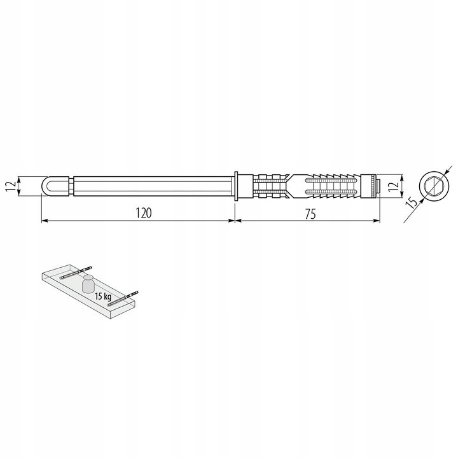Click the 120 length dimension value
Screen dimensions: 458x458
tap(144, 212)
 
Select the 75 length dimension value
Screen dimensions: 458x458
tap(311, 214)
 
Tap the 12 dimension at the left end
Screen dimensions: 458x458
tap(11, 186)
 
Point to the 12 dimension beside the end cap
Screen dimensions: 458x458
tap(393, 186)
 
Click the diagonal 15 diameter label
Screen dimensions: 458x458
tap(411, 202)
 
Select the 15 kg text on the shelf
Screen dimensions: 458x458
tap(103, 297)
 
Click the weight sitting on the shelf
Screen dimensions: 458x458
tap(88, 283)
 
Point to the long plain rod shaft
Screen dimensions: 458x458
tap(152, 186)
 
